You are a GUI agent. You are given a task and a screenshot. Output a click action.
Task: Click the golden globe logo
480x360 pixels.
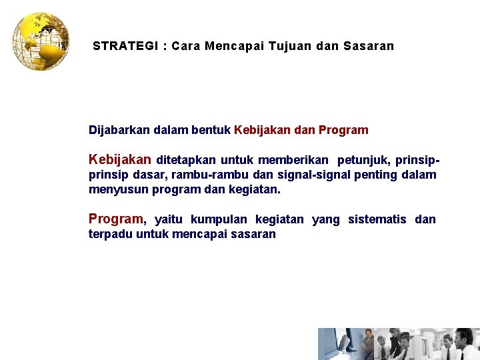pyautogui.click(x=41, y=41)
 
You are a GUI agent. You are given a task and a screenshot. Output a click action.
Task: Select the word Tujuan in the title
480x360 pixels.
pyautogui.click(x=289, y=47)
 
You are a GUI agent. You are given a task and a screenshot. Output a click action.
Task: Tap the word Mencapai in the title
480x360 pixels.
pyautogui.click(x=235, y=47)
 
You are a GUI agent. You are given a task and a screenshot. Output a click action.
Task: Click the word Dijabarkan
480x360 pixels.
pyautogui.click(x=119, y=130)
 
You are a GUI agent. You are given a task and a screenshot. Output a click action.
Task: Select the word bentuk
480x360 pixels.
pyautogui.click(x=211, y=130)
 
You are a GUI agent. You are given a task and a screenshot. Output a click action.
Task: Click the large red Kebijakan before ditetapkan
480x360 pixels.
pyautogui.click(x=120, y=160)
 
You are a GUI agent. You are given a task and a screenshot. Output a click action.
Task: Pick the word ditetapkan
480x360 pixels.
pyautogui.click(x=186, y=160)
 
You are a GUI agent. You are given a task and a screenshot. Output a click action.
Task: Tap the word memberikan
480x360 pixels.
pyautogui.click(x=293, y=160)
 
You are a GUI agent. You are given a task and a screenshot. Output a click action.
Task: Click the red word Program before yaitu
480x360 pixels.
pyautogui.click(x=115, y=219)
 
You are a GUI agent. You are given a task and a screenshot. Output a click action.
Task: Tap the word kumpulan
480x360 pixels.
pyautogui.click(x=213, y=219)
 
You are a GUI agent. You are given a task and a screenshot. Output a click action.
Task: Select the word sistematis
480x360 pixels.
pyautogui.click(x=377, y=219)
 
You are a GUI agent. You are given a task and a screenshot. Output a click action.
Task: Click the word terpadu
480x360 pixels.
pyautogui.click(x=109, y=234)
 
